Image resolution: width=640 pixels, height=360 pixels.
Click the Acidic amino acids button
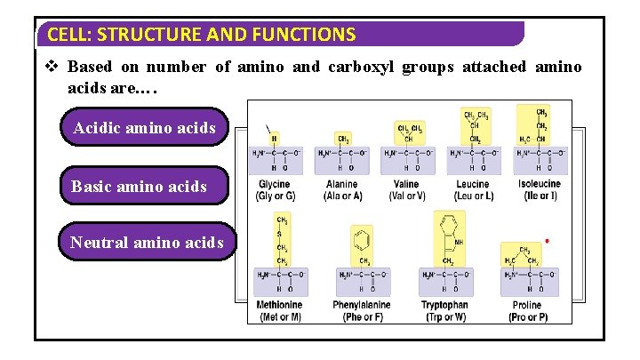click(x=144, y=128)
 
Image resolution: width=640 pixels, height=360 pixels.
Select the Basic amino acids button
click(x=139, y=187)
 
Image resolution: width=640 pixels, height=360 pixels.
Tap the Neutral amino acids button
click(x=147, y=242)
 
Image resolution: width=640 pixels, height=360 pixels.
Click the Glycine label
click(x=274, y=184)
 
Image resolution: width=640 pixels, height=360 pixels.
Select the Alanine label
click(x=342, y=184)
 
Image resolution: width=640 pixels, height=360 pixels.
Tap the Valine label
click(x=405, y=184)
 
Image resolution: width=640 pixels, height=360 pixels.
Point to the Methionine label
click(x=280, y=305)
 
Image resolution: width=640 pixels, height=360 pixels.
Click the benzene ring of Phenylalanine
click(x=362, y=240)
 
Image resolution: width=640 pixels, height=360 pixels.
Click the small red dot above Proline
click(x=547, y=241)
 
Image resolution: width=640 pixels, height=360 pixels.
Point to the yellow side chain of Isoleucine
click(x=532, y=124)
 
